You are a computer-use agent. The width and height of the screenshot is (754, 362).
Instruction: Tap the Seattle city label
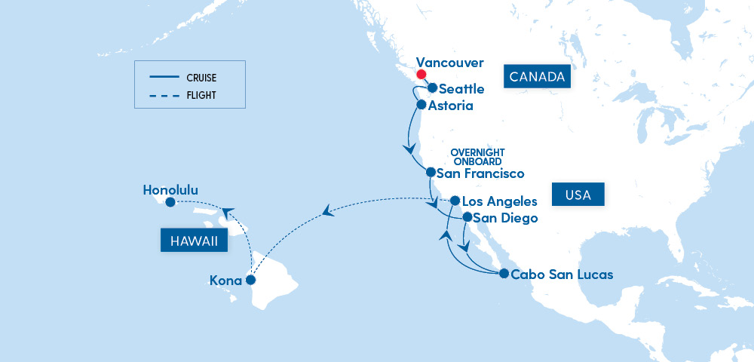click(x=461, y=89)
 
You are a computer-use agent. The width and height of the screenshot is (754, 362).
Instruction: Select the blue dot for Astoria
click(x=421, y=105)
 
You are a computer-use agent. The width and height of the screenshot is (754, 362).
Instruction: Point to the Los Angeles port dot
click(x=455, y=201)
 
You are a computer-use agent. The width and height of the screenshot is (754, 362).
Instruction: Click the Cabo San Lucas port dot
click(x=504, y=273)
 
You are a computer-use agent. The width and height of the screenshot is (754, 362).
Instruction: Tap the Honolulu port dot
click(x=170, y=202)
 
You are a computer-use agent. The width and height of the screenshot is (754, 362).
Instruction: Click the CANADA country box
click(x=537, y=77)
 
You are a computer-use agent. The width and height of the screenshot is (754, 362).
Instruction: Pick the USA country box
click(x=578, y=195)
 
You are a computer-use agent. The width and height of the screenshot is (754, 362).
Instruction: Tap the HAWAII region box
click(x=194, y=241)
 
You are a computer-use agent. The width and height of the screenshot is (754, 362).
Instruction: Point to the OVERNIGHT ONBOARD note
click(x=477, y=156)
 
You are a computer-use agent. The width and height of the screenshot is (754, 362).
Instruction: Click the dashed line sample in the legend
click(x=162, y=96)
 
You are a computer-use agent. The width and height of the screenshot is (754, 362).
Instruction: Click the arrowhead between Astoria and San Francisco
click(x=410, y=149)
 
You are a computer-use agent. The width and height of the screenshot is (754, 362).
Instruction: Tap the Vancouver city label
click(x=450, y=63)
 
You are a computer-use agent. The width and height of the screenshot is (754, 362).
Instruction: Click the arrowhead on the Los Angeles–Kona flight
click(x=326, y=213)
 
